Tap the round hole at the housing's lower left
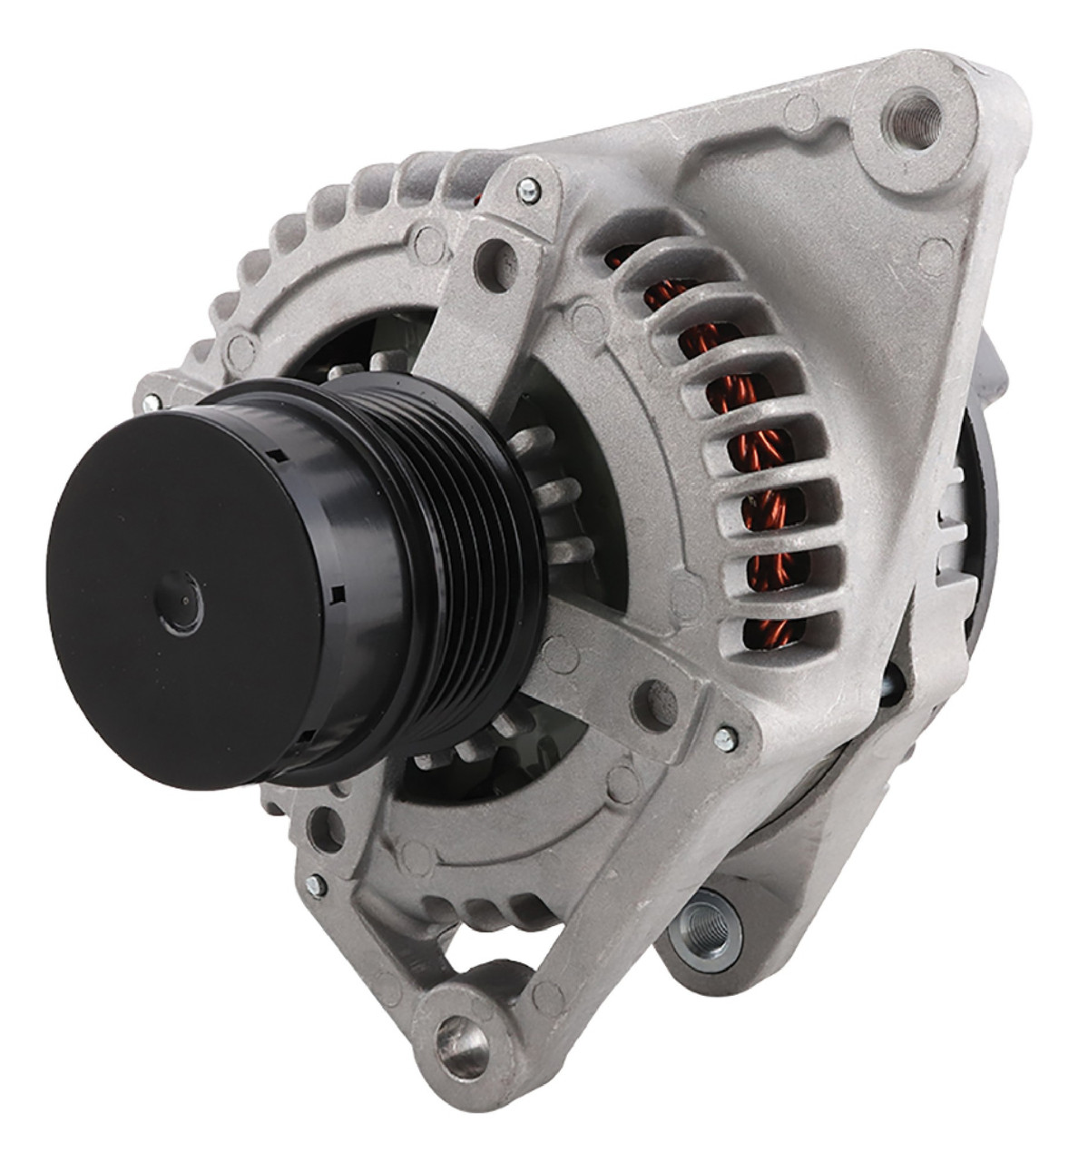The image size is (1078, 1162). click(x=318, y=827)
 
